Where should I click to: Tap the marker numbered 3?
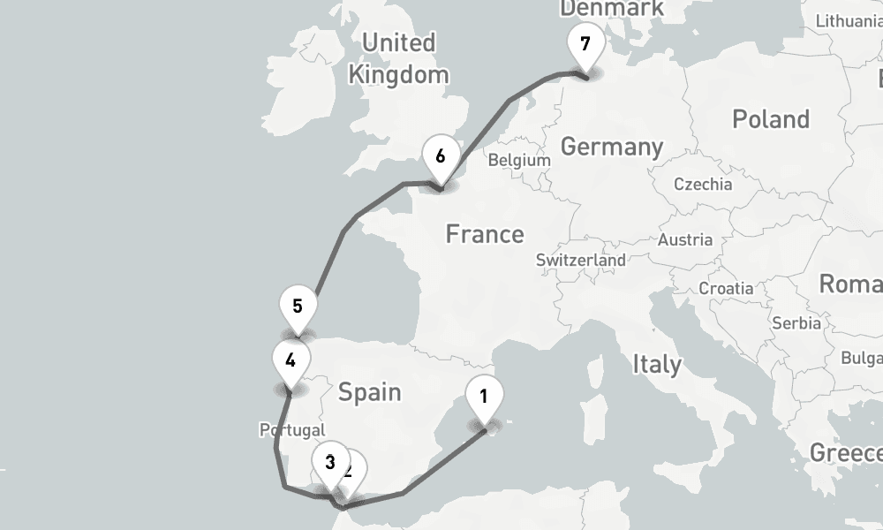click(x=329, y=462)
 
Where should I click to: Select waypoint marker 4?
click(x=291, y=360)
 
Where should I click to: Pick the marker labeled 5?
click(x=298, y=307)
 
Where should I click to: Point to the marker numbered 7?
click(x=585, y=43)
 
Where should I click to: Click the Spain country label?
click(x=370, y=391)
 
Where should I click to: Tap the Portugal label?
click(x=292, y=430)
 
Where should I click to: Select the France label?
click(x=485, y=234)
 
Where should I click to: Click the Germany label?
click(x=612, y=147)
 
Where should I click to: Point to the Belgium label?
click(x=519, y=161)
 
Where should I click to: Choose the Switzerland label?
click(x=581, y=261)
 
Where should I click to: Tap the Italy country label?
click(x=656, y=364)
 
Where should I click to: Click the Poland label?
click(x=771, y=119)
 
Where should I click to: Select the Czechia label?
click(x=703, y=185)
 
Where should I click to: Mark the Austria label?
click(x=685, y=239)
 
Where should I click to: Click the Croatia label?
click(x=726, y=289)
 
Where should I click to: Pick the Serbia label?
click(x=796, y=323)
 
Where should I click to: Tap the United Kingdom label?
click(x=399, y=58)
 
